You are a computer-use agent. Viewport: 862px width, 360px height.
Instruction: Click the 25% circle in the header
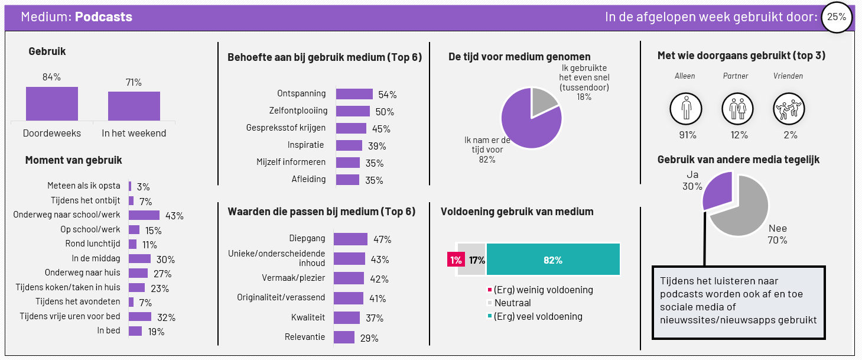tap(836, 17)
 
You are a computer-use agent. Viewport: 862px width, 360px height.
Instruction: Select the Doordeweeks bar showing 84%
tap(52, 103)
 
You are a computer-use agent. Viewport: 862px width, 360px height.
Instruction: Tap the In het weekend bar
tap(134, 106)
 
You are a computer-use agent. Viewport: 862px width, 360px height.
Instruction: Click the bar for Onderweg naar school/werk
tap(144, 215)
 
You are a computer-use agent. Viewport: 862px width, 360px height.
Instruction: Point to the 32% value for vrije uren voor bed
tap(166, 317)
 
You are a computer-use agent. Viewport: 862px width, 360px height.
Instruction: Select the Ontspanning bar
tap(354, 94)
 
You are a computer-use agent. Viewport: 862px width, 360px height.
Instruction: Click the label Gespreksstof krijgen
tap(286, 128)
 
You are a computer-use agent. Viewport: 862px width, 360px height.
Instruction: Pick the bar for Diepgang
tap(350, 239)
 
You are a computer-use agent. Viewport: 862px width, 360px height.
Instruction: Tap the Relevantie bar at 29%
tap(344, 338)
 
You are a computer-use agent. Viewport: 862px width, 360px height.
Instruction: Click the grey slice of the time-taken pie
tap(542, 99)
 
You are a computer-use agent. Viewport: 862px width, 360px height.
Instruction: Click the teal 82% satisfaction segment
tap(553, 259)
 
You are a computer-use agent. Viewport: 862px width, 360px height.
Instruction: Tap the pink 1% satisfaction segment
tap(456, 259)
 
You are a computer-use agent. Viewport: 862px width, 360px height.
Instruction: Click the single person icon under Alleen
tap(686, 109)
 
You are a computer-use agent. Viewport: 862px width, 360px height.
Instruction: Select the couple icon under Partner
tap(737, 109)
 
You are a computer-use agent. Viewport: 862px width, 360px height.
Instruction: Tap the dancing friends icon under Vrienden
tap(789, 109)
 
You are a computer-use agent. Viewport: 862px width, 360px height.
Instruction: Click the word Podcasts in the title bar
tap(103, 17)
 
